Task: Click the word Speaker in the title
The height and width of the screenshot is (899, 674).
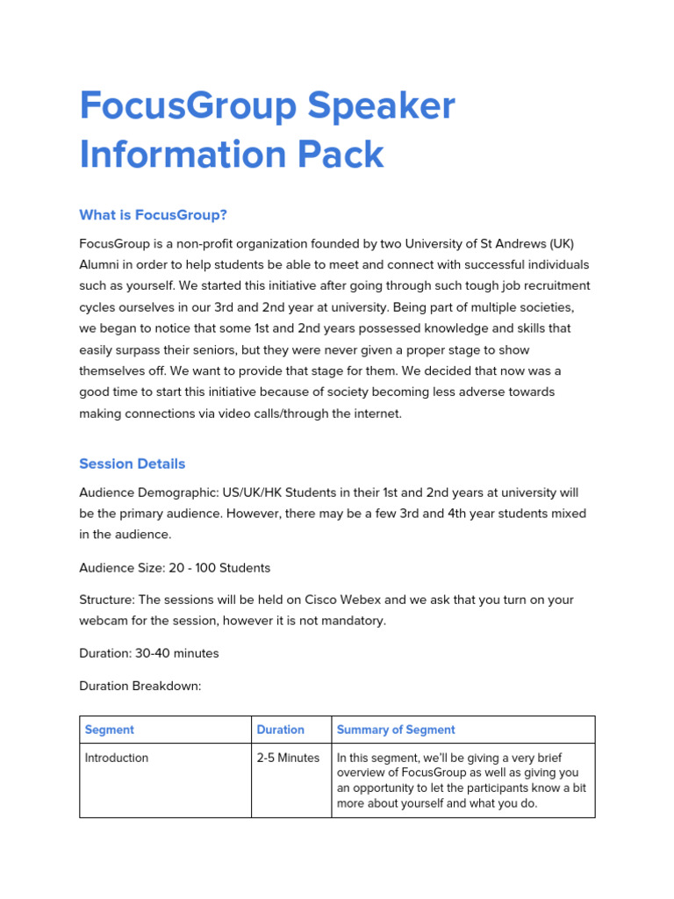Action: (380, 106)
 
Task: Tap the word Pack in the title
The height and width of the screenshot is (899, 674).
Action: (345, 155)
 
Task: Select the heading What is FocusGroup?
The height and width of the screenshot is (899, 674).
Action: (153, 214)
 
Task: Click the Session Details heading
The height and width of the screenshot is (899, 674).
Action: (132, 464)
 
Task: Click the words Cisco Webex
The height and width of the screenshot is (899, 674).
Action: (342, 600)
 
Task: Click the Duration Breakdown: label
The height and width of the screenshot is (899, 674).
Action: (140, 686)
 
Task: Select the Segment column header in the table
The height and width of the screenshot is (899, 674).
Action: (110, 730)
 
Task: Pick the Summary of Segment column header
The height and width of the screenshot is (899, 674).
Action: (396, 730)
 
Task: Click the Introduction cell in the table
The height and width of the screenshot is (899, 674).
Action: (117, 758)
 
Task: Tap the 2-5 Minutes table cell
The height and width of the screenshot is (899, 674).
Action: (288, 758)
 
